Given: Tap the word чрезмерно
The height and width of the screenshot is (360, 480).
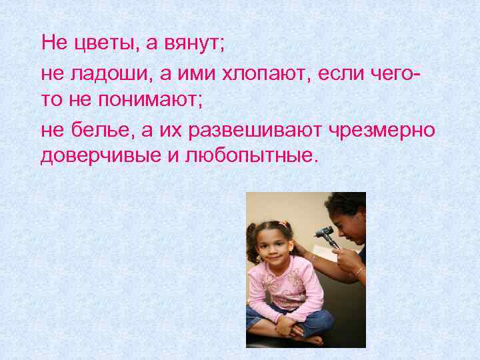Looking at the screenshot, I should [x=383, y=131].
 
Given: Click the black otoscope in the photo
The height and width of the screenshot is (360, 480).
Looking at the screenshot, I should [x=325, y=234].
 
